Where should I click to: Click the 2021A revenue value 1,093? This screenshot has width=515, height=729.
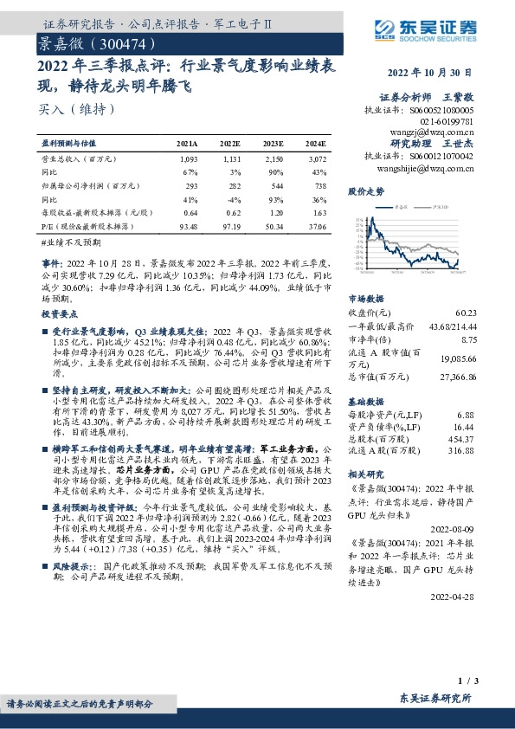[x=188, y=160]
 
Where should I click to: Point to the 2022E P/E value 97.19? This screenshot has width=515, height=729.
[x=230, y=225]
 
